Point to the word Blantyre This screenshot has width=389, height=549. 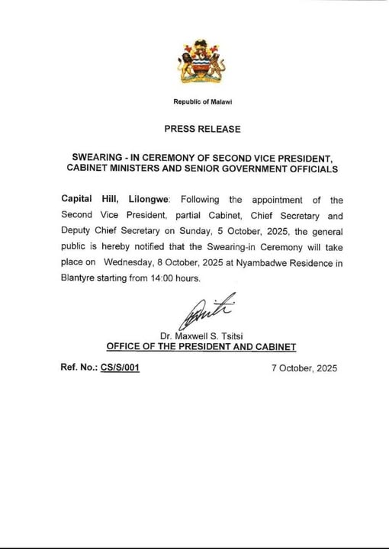pyautogui.click(x=79, y=279)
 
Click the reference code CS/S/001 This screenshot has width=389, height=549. pyautogui.click(x=120, y=368)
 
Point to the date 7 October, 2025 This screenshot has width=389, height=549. pyautogui.click(x=304, y=368)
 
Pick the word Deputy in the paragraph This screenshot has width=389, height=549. pyautogui.click(x=79, y=231)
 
